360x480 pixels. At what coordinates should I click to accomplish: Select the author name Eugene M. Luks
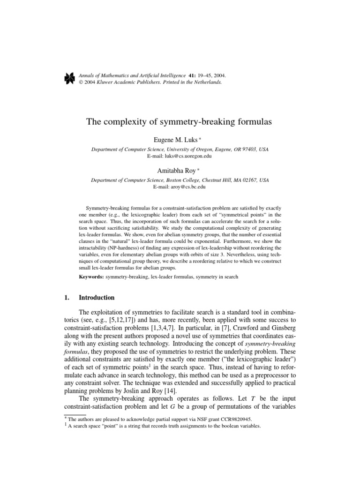(178, 140)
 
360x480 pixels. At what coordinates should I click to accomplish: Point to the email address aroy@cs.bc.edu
(180, 187)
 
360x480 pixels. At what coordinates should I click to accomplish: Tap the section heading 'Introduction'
(97, 297)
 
